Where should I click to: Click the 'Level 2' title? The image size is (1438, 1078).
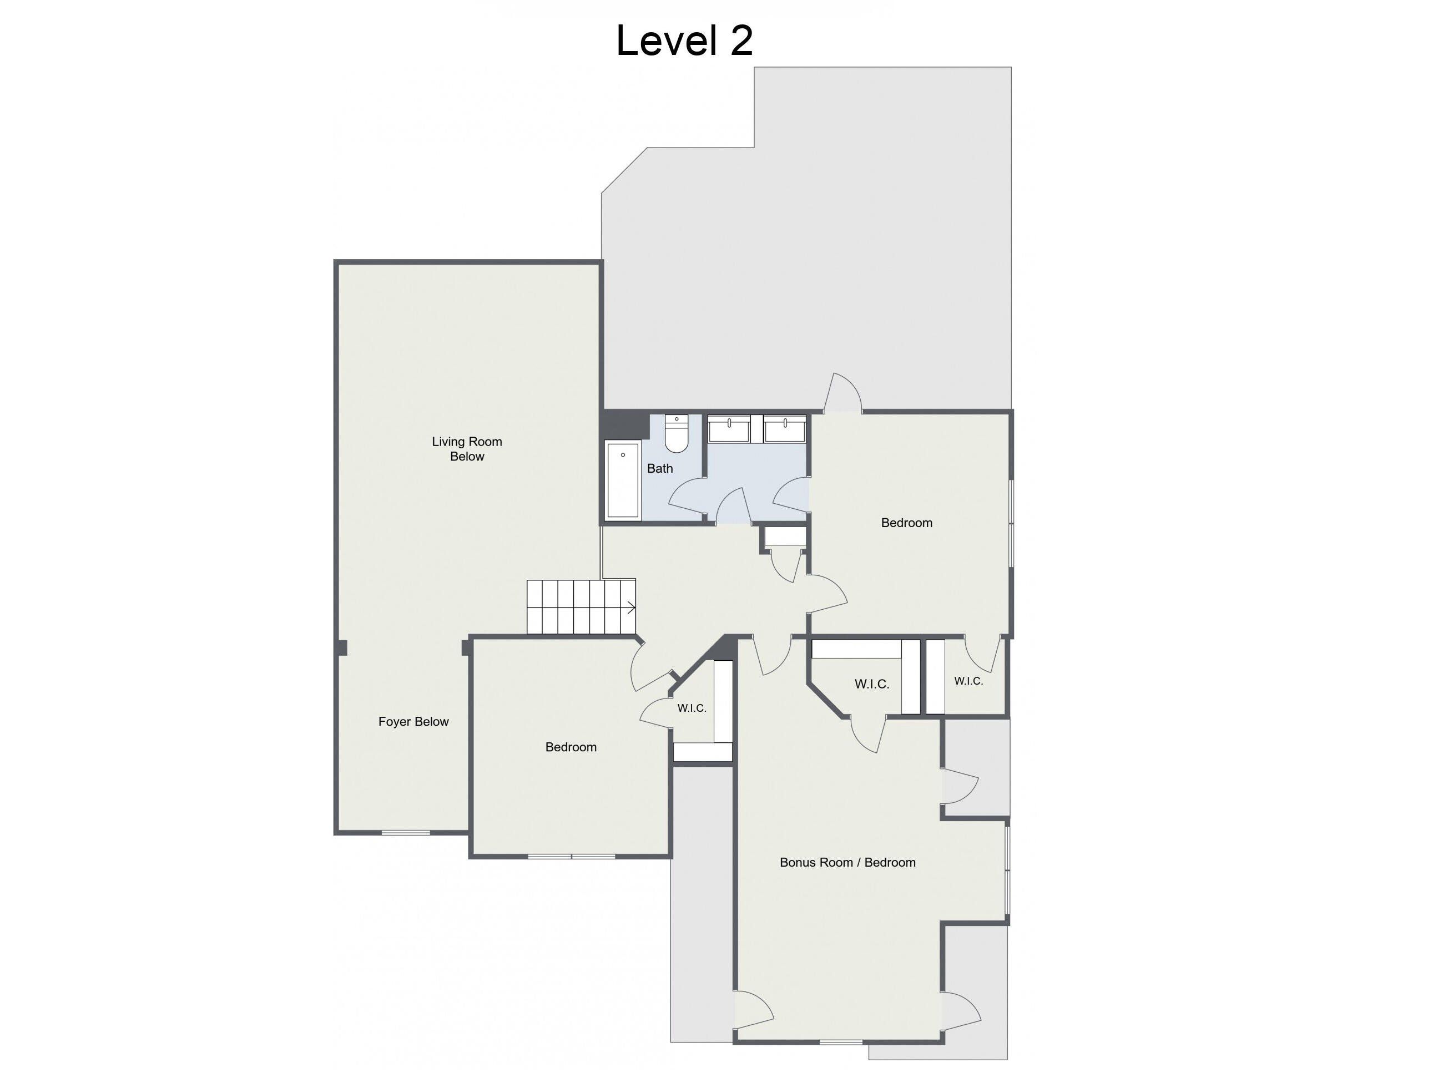684,41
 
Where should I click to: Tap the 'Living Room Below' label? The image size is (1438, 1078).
467,449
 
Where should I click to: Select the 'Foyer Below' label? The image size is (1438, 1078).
413,722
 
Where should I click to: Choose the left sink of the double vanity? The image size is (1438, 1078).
729,429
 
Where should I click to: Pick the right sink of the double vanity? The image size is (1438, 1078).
785,429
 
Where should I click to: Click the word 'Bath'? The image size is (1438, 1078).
660,468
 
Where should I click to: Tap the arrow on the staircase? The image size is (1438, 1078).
630,608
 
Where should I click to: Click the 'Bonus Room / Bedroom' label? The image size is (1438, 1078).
847,863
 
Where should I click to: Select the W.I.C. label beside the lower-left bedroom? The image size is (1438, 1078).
692,708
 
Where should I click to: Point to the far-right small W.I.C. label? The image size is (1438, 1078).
968,681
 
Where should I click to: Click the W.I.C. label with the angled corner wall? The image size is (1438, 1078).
872,684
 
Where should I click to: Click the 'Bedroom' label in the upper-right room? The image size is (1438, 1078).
906,523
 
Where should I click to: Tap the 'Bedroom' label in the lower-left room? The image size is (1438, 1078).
571,747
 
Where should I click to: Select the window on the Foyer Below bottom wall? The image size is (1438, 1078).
406,832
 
